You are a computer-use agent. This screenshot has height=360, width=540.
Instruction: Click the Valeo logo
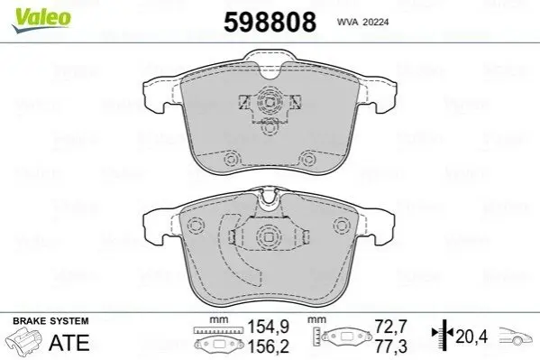41,21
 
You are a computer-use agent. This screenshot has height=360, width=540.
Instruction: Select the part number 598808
270,22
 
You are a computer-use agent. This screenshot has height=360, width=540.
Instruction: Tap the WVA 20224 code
362,22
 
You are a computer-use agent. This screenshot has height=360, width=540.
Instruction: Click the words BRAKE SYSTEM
50,321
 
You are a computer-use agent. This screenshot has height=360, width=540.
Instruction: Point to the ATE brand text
69,343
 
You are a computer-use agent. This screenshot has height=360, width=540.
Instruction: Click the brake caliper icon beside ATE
23,340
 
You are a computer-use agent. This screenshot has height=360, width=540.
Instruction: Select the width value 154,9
269,327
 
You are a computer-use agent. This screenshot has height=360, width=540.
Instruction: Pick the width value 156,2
269,346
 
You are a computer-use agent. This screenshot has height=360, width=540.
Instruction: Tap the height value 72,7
391,327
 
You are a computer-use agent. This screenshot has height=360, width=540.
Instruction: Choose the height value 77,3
391,346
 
